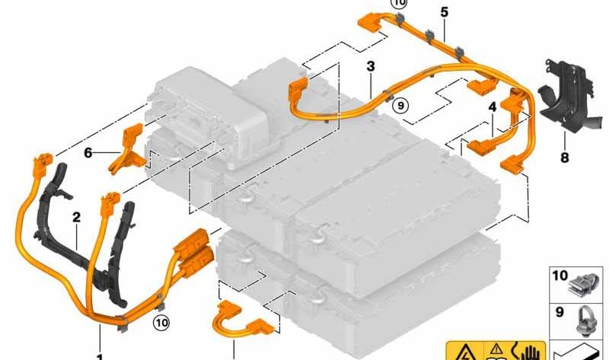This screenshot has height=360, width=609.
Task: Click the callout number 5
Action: (445, 12)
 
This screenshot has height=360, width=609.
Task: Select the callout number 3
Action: (371, 66)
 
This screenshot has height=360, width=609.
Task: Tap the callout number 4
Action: (493, 107)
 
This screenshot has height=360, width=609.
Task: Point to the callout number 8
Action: (564, 158)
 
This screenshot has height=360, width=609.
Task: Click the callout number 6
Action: (88, 153)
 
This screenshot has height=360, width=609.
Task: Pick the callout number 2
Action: (77, 217)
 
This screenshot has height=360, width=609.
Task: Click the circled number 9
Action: (400, 105)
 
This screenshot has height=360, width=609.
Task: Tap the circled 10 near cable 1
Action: (161, 323)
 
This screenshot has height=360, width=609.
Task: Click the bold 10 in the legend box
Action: (560, 276)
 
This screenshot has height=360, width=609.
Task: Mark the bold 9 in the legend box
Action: (560, 312)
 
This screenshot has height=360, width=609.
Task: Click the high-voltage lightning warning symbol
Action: (465, 352)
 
